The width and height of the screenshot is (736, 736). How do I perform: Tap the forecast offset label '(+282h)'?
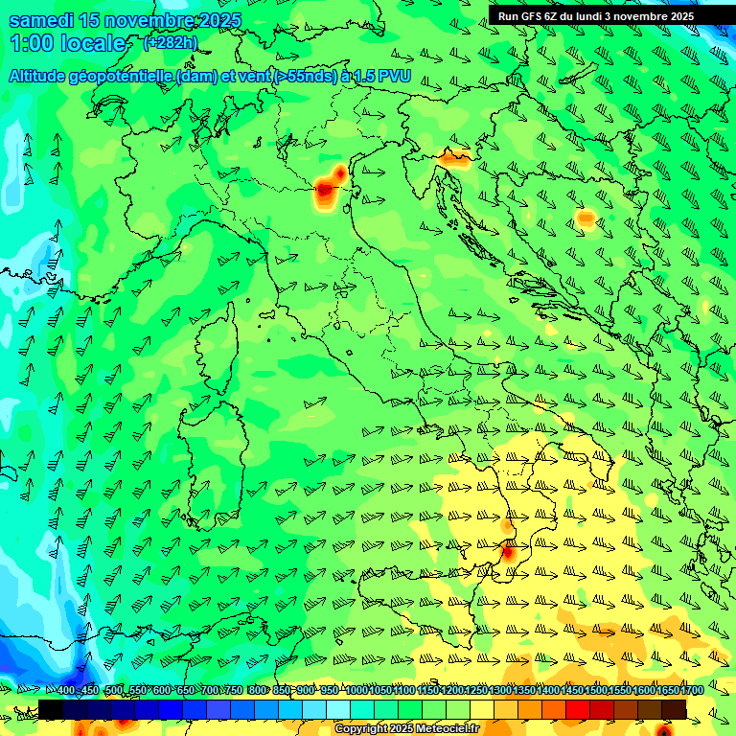point(170,43)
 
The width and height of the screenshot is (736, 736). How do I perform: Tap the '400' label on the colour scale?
point(66,691)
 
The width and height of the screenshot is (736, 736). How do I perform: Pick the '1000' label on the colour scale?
point(356,691)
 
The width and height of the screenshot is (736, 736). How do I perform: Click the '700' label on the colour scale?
point(210,691)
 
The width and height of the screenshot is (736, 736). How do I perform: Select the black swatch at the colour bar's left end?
point(51,709)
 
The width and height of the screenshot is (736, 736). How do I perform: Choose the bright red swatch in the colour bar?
point(578,709)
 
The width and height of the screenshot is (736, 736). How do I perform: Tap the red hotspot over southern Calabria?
point(508,552)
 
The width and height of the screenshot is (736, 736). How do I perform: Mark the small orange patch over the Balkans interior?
point(586,219)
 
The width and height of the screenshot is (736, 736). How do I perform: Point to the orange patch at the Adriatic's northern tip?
point(452,157)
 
